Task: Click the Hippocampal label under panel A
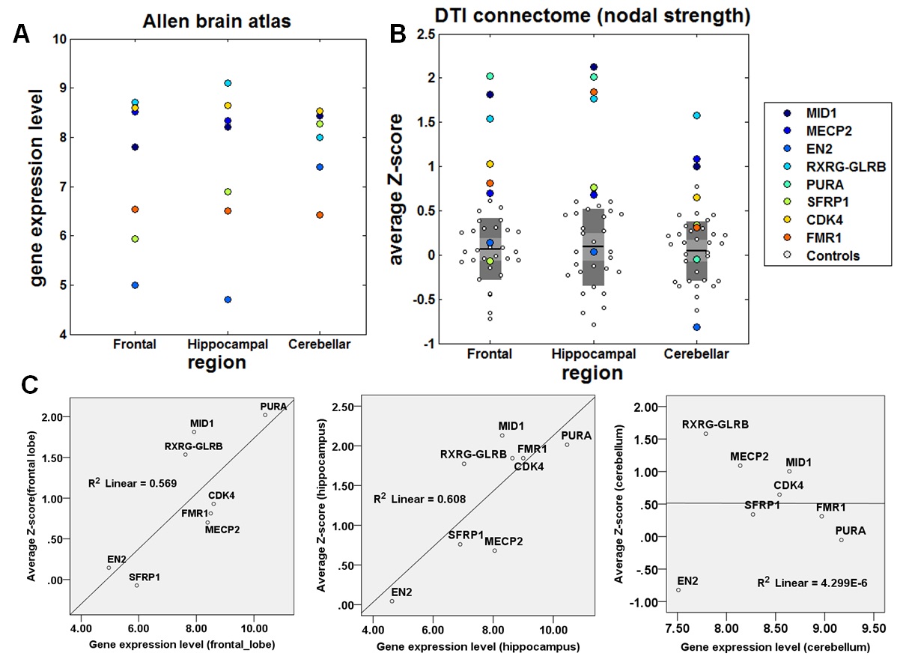pos(228,344)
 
